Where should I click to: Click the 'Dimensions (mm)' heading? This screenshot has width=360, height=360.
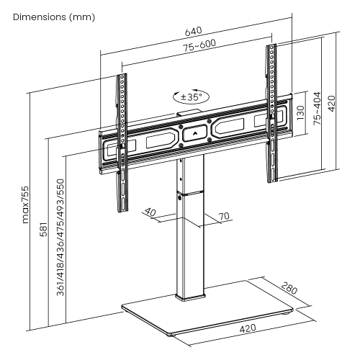pos(53,17)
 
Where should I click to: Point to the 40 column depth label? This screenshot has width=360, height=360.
pos(150,212)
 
